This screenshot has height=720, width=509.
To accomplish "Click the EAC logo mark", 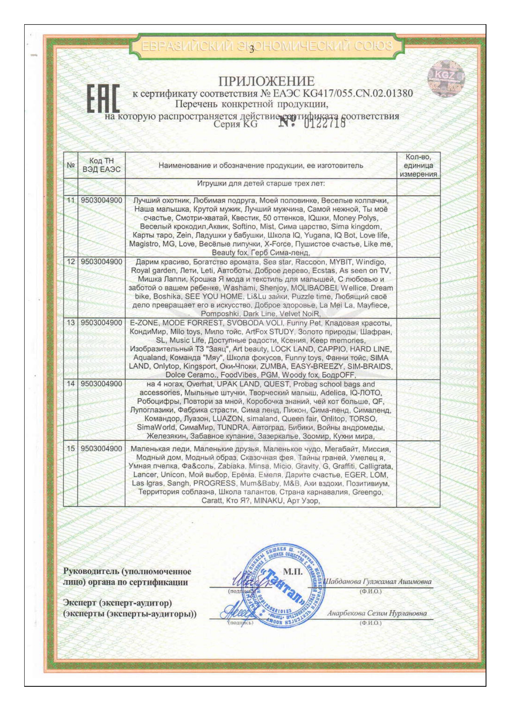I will [103, 99].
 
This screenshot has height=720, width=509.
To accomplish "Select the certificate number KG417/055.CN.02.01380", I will [346, 94].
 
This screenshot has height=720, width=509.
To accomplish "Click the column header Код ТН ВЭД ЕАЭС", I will [101, 165].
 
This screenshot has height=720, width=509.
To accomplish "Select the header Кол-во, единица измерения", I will [418, 165].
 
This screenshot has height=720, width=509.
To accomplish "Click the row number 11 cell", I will [71, 200].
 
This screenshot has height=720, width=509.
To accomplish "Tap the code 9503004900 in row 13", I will [101, 323].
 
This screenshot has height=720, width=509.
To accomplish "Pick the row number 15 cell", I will [71, 449].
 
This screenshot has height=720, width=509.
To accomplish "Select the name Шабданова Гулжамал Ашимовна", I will [377, 582].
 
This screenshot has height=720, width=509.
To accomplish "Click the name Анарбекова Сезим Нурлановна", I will [377, 614].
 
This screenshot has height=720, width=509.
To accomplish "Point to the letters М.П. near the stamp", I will [292, 572].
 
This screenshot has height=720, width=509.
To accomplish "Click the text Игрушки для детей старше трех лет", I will [260, 183].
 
